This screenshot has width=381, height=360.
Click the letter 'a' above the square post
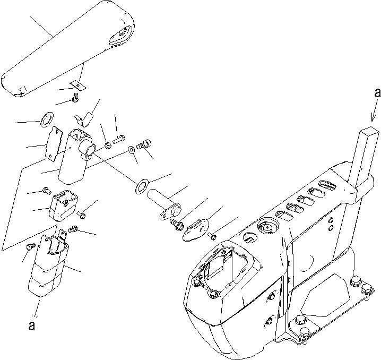pyautogui.click(x=377, y=93)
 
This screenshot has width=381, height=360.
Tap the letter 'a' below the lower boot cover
pyautogui.click(x=32, y=325)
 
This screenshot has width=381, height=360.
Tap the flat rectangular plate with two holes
pyautogui.click(x=54, y=144)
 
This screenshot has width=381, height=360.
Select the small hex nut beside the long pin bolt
pyautogui.click(x=107, y=145)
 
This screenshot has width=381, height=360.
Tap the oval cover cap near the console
pyautogui.click(x=195, y=230)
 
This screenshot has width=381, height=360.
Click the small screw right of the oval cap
pyautogui.click(x=212, y=236)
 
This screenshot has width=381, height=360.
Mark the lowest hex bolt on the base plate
pyautogui.click(x=304, y=331)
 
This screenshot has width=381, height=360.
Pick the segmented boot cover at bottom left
pyautogui.click(x=48, y=265)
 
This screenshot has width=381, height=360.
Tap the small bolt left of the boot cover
pyautogui.click(x=30, y=246)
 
